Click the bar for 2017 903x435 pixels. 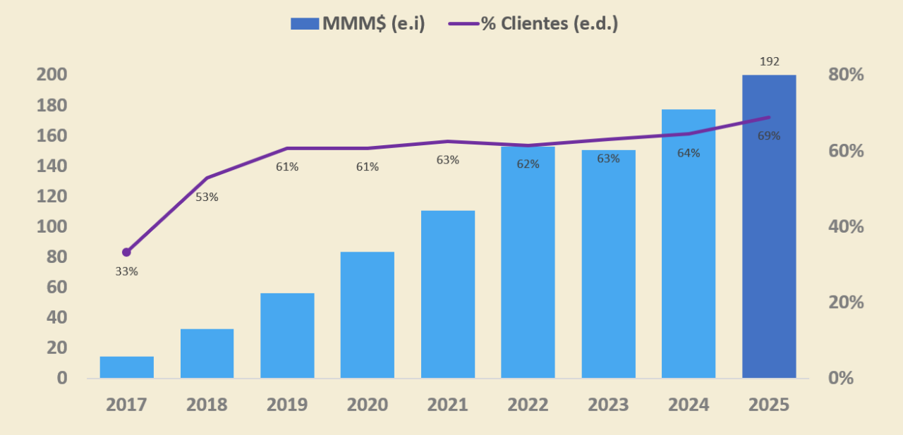[127, 367]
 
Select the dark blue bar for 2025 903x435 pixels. [769, 226]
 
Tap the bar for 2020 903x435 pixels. [368, 314]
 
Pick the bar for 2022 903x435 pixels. [528, 262]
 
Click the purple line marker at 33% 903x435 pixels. [127, 252]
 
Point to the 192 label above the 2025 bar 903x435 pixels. [770, 61]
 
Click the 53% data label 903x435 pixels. [207, 197]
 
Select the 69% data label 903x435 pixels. [769, 136]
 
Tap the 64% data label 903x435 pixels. [689, 153]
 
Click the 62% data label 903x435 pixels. [528, 164]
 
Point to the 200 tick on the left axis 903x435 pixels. [51, 75]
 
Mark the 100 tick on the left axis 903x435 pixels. [51, 226]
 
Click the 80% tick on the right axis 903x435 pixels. [846, 75]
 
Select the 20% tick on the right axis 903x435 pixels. [846, 302]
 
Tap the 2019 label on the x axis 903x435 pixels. [287, 405]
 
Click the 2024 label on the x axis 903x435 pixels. [689, 405]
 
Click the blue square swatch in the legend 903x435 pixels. [305, 23]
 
